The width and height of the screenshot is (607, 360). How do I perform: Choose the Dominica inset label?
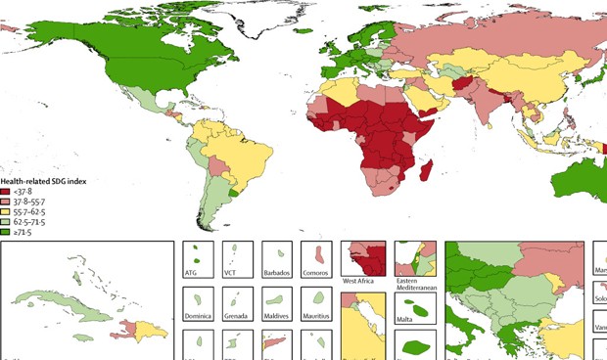tap(199, 317)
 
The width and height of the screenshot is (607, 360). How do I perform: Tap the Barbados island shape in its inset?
tap(278, 256)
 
